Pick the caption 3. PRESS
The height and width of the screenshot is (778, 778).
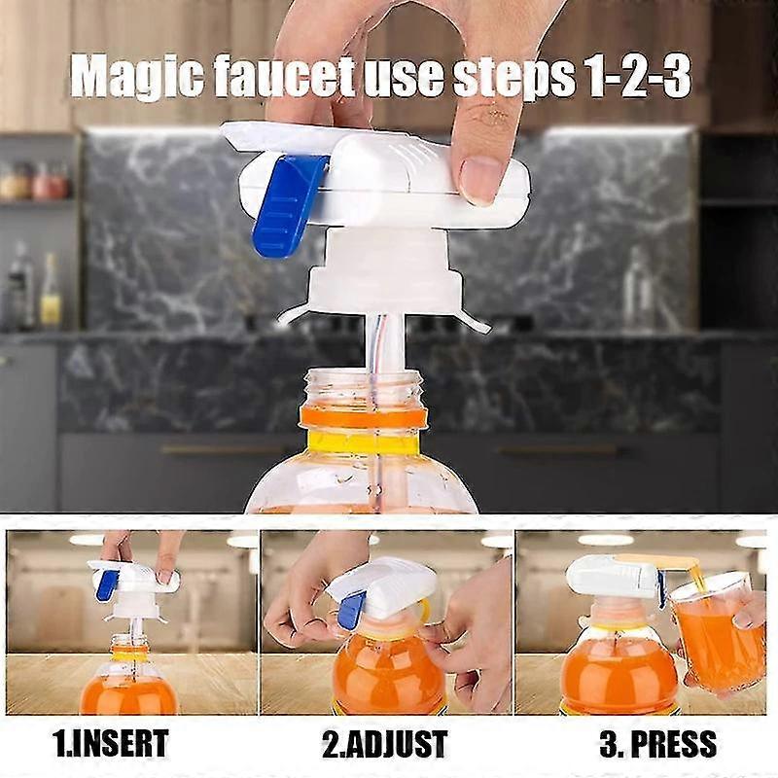pyautogui.click(x=657, y=745)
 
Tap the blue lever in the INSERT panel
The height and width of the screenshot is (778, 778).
pyautogui.click(x=107, y=583)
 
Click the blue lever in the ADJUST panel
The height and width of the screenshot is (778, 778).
pyautogui.click(x=347, y=610)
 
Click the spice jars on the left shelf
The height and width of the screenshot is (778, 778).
pyautogui.click(x=34, y=182)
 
